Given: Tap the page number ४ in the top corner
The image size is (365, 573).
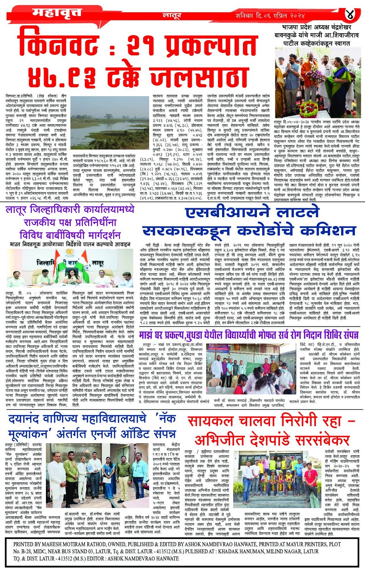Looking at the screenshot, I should pos(350,15).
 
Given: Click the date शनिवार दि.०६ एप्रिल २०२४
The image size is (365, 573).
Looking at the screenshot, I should pos(270,16).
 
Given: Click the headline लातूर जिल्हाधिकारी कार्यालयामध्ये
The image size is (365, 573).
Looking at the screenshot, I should pos(70,210).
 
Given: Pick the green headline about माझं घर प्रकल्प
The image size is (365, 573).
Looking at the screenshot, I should pos(249,334).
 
